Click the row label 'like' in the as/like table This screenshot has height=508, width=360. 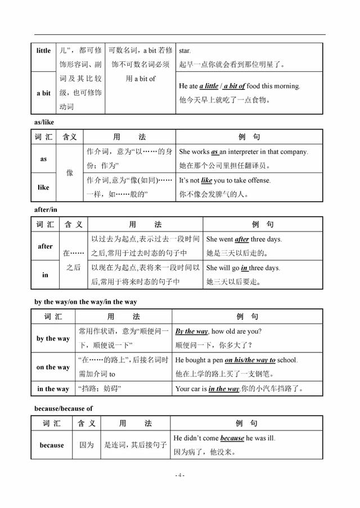(43, 187)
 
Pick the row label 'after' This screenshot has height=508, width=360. (45, 246)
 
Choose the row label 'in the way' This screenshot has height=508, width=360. (53, 388)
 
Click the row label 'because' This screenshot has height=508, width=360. (52, 445)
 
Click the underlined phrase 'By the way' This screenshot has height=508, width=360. (192, 332)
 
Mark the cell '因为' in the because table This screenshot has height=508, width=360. (86, 445)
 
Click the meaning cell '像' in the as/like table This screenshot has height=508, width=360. (70, 173)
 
